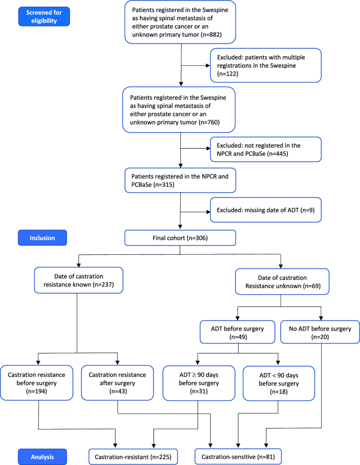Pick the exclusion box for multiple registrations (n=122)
click(265, 66)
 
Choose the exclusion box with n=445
click(265, 150)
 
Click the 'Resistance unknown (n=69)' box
click(282, 283)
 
